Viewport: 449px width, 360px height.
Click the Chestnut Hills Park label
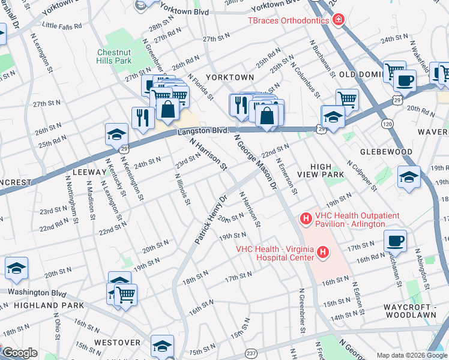pos(114,56)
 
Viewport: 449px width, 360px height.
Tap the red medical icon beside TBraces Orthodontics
pos(339,20)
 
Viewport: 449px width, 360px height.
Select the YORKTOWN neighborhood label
pos(229,78)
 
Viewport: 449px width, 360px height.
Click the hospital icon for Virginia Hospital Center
pos(323,253)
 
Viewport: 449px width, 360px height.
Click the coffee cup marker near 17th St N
pos(394,241)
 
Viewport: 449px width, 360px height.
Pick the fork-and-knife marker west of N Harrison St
pos(142,117)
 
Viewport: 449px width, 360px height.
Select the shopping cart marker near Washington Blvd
pos(125,294)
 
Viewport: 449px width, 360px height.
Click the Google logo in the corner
pos(19,353)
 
